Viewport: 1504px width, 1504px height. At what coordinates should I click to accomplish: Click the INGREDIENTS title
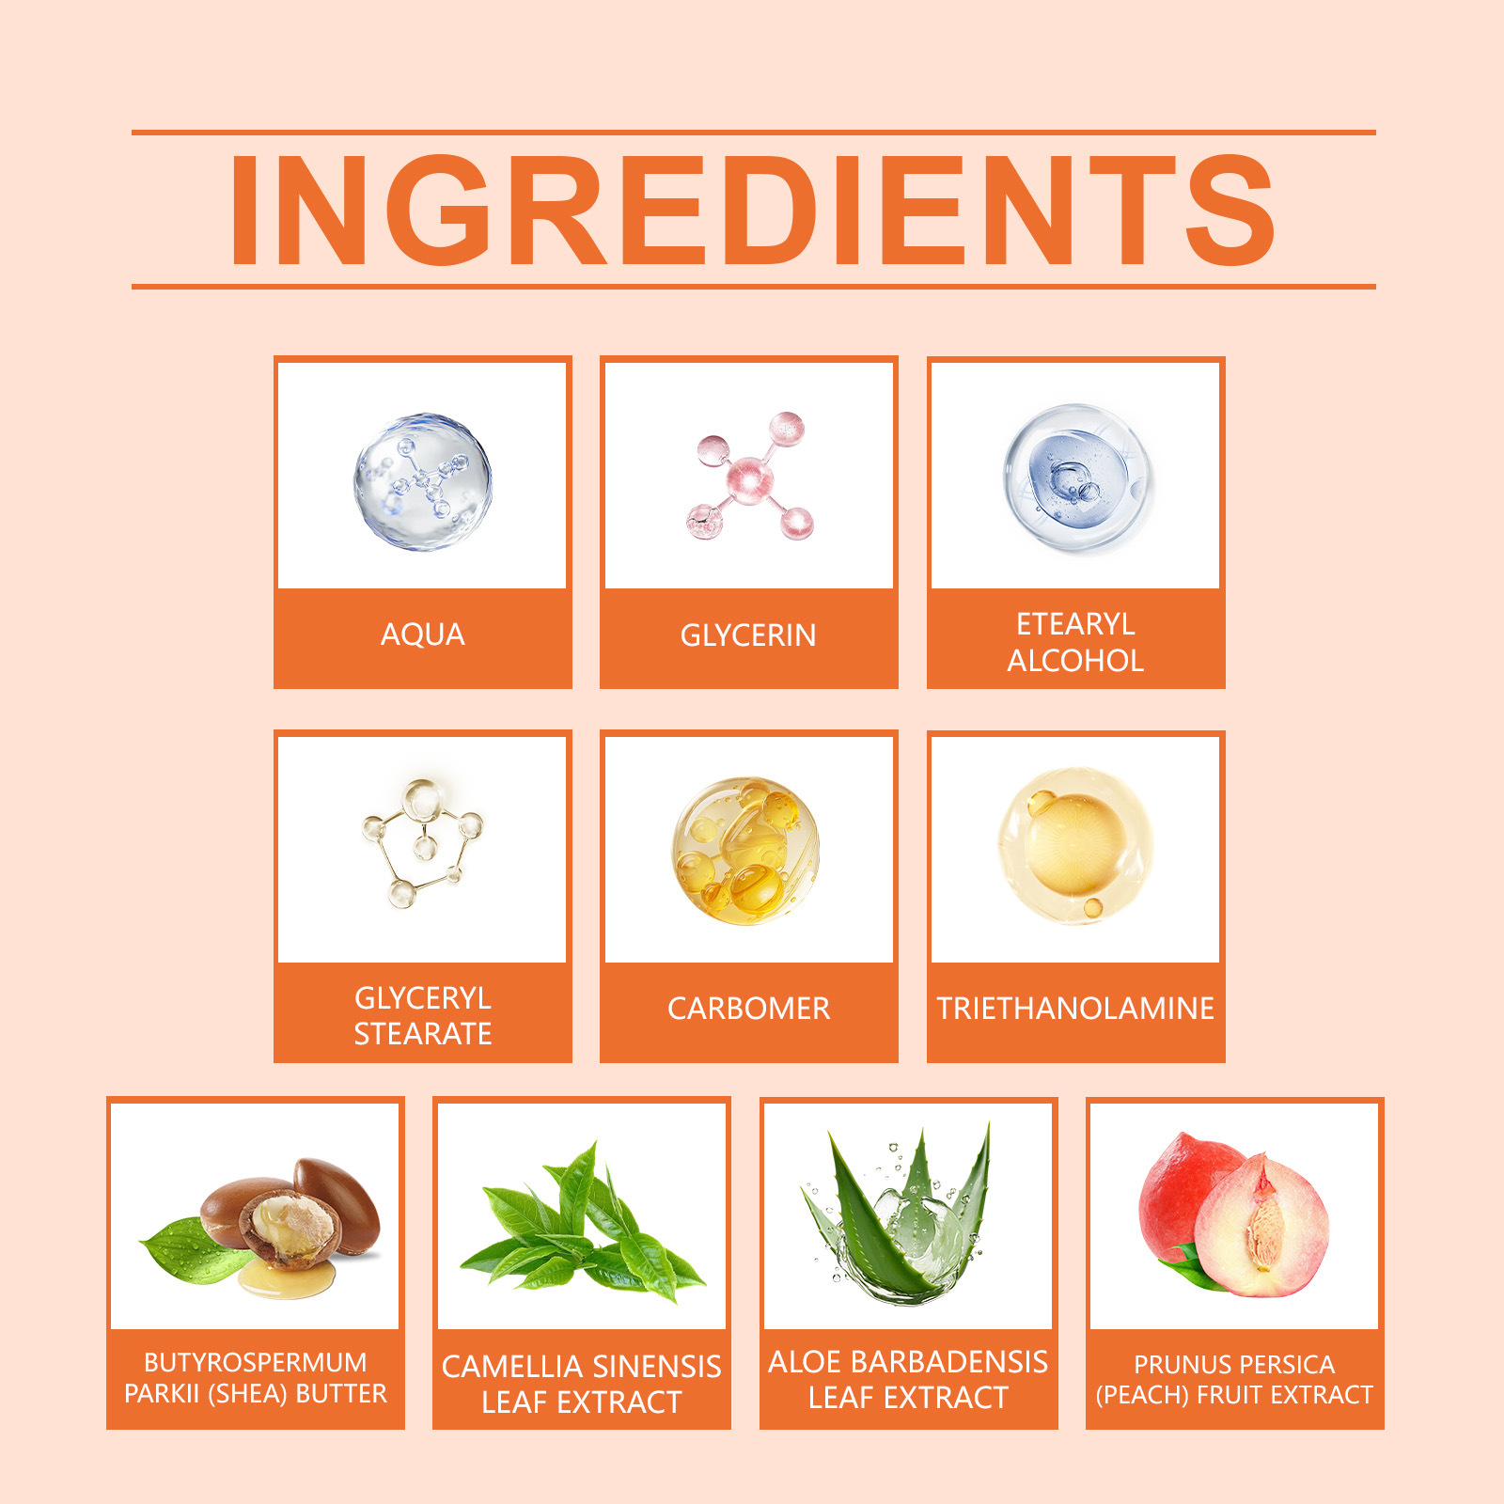(x=752, y=210)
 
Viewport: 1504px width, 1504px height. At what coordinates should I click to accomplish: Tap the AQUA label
(x=423, y=635)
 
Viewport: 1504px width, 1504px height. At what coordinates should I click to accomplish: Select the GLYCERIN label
(x=748, y=635)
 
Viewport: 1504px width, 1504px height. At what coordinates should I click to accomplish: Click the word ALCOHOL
(x=1075, y=661)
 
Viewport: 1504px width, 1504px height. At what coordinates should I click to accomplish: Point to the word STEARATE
(x=423, y=1034)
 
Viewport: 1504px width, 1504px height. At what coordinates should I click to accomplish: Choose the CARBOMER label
(x=749, y=1009)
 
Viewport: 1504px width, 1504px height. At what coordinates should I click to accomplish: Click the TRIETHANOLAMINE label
(x=1075, y=1009)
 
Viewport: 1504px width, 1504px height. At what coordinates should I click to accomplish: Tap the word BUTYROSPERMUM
(x=256, y=1363)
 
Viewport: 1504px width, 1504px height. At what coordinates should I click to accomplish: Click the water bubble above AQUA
(x=423, y=481)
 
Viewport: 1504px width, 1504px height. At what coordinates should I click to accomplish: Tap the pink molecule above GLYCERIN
(x=749, y=477)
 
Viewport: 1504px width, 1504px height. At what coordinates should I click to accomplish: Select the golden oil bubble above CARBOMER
(x=745, y=851)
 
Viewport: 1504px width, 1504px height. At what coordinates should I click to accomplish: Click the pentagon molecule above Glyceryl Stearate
(x=423, y=844)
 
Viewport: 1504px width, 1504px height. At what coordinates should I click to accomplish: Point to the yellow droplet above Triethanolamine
(x=1074, y=844)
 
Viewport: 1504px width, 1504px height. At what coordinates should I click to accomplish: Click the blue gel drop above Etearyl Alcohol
(x=1077, y=479)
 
